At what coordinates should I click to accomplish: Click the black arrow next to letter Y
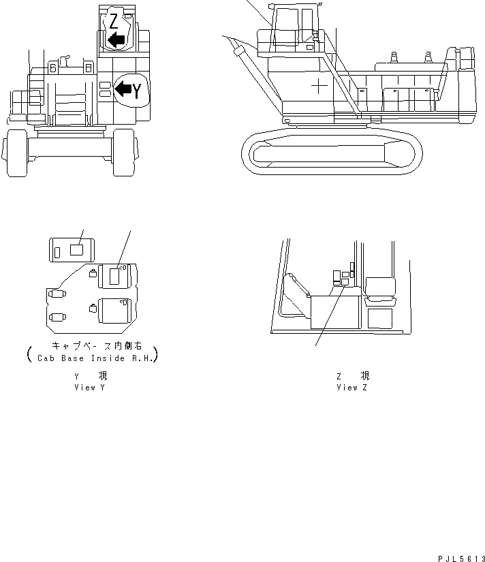click(123, 88)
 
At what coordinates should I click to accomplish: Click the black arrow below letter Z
click(117, 40)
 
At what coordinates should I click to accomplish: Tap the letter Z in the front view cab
click(114, 20)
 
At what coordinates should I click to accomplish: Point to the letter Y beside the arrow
click(137, 91)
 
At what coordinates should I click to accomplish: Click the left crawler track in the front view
click(15, 156)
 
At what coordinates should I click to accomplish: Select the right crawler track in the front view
click(123, 156)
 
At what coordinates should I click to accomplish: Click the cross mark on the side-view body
click(318, 86)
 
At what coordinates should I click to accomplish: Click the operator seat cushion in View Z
click(380, 296)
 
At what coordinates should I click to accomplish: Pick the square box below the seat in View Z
click(379, 318)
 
